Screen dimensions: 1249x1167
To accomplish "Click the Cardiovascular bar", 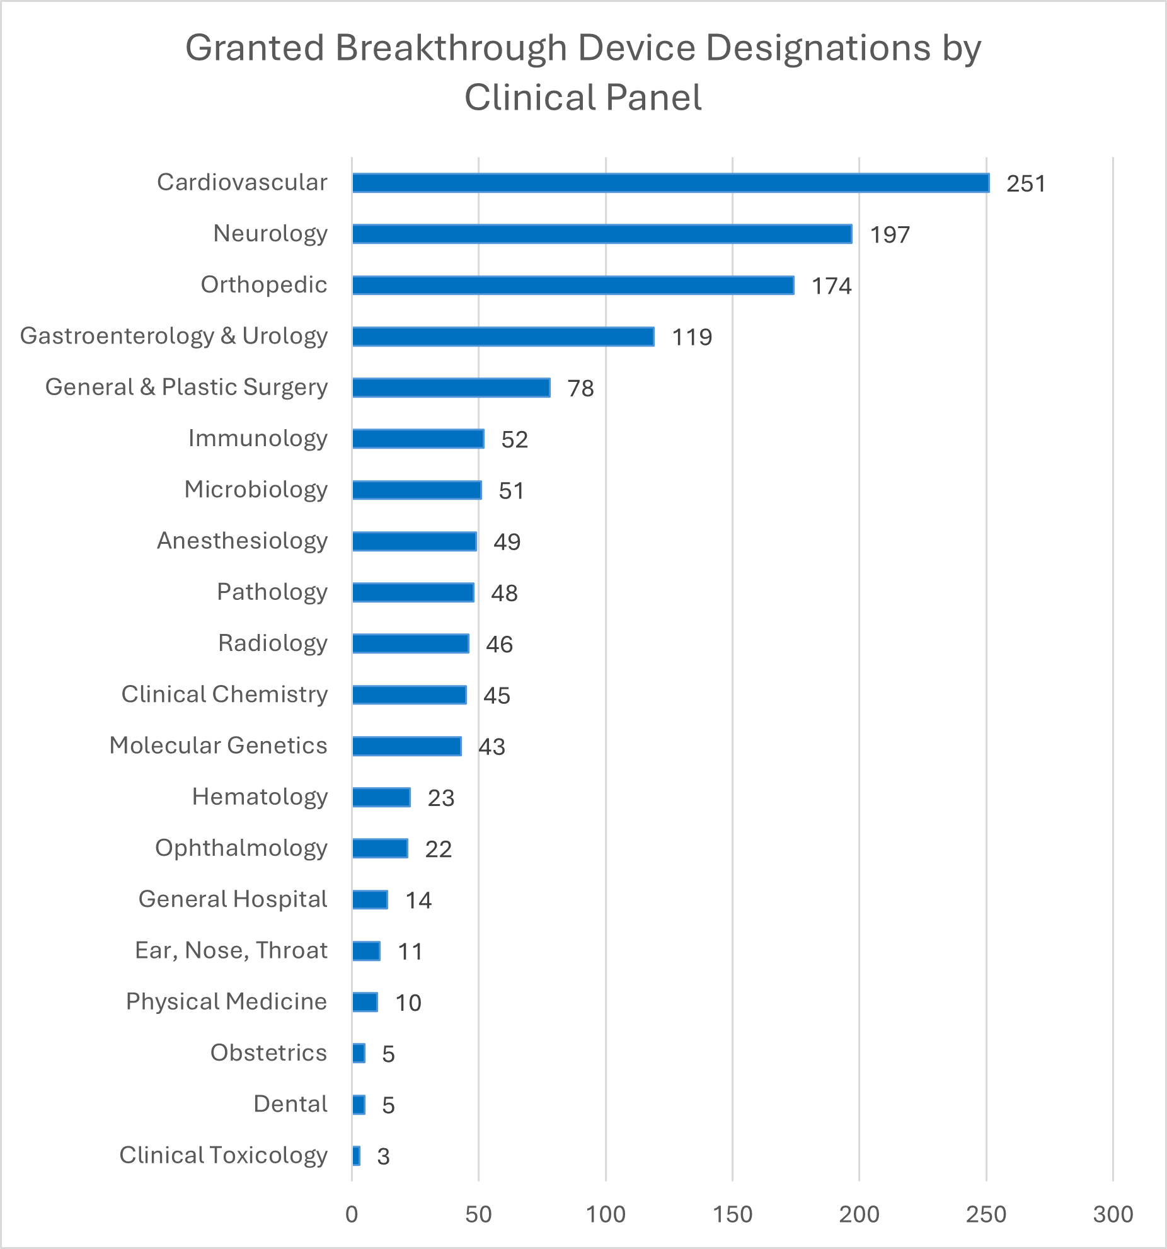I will pyautogui.click(x=670, y=183).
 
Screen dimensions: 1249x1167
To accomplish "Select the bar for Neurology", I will pyautogui.click(x=602, y=234).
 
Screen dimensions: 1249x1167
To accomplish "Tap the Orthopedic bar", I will pyautogui.click(x=573, y=285).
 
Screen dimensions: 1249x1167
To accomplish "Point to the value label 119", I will pyautogui.click(x=692, y=337).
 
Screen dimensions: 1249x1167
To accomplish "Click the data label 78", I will pyautogui.click(x=580, y=388).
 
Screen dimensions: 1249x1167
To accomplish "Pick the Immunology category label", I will pyautogui.click(x=258, y=438).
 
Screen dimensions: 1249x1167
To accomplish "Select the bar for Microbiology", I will pyautogui.click(x=417, y=490).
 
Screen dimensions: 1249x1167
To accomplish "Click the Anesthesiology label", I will pyautogui.click(x=242, y=541).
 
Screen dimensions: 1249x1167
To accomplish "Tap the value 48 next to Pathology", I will pyautogui.click(x=504, y=593).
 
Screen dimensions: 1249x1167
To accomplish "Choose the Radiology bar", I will pyautogui.click(x=410, y=643).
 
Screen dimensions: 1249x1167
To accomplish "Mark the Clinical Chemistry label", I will pyautogui.click(x=224, y=694).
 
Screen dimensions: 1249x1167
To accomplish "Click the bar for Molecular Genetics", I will pyautogui.click(x=406, y=746).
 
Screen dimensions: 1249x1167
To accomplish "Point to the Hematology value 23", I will pyautogui.click(x=440, y=798).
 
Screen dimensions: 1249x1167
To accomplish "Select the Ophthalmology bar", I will pyautogui.click(x=380, y=848).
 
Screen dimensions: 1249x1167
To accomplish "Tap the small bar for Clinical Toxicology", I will pyautogui.click(x=356, y=1156).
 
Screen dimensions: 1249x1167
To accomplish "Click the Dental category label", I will pyautogui.click(x=290, y=1104).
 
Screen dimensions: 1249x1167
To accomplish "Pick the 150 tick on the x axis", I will pyautogui.click(x=732, y=1214).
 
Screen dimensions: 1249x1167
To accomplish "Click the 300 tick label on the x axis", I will pyautogui.click(x=1113, y=1214).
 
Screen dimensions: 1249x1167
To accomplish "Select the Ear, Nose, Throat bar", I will pyautogui.click(x=366, y=951).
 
